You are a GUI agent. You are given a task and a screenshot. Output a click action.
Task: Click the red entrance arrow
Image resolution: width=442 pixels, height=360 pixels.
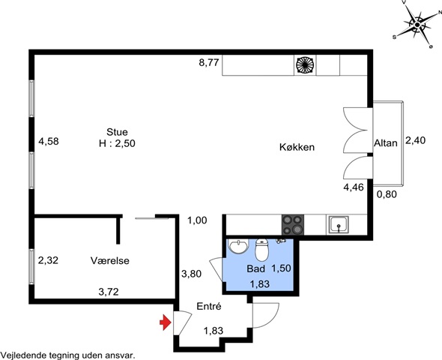pos(166,322)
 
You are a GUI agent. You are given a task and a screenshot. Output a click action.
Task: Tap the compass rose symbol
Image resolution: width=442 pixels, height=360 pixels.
pos(417,25)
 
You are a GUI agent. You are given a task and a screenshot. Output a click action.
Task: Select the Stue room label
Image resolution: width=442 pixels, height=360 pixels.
pos(117,132)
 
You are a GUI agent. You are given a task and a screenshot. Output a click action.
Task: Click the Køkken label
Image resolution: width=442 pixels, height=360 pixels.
pos(297,147)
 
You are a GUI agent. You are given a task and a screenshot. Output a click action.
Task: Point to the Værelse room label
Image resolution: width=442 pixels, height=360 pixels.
pos(110,260)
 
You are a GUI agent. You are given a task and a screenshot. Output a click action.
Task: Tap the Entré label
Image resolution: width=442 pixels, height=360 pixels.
pos(209,306)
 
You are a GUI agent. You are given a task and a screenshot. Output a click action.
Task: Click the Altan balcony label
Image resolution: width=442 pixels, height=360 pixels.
pos(386,143)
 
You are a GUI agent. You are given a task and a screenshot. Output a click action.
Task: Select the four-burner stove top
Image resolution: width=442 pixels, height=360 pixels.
pos(293,224)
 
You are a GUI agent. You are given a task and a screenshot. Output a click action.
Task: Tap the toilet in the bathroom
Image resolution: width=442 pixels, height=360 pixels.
pos(262,250)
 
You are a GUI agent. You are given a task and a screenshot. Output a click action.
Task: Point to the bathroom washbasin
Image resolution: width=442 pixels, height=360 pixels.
pos(238,246)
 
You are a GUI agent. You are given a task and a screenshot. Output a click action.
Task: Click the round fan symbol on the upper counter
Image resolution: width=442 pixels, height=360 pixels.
pos(305,65)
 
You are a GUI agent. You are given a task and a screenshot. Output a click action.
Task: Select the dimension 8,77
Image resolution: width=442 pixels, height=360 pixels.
pos(209,62)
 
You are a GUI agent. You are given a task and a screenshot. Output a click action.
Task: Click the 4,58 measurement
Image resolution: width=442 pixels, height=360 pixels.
pos(49,141)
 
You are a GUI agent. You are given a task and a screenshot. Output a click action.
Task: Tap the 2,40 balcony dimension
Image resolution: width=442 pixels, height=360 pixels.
pos(415,140)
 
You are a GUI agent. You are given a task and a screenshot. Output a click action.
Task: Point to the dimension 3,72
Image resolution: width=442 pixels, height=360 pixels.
pos(109,292)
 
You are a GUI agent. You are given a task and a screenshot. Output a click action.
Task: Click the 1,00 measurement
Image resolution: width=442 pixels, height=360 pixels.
pos(197,220)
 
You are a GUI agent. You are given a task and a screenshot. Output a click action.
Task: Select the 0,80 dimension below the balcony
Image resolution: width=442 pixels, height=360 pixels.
pos(387,194)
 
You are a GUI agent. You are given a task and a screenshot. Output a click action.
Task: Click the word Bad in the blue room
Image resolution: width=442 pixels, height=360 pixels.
pos(256,268)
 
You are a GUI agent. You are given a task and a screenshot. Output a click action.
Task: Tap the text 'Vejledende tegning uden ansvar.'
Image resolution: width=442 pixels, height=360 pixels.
pos(67,355)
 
